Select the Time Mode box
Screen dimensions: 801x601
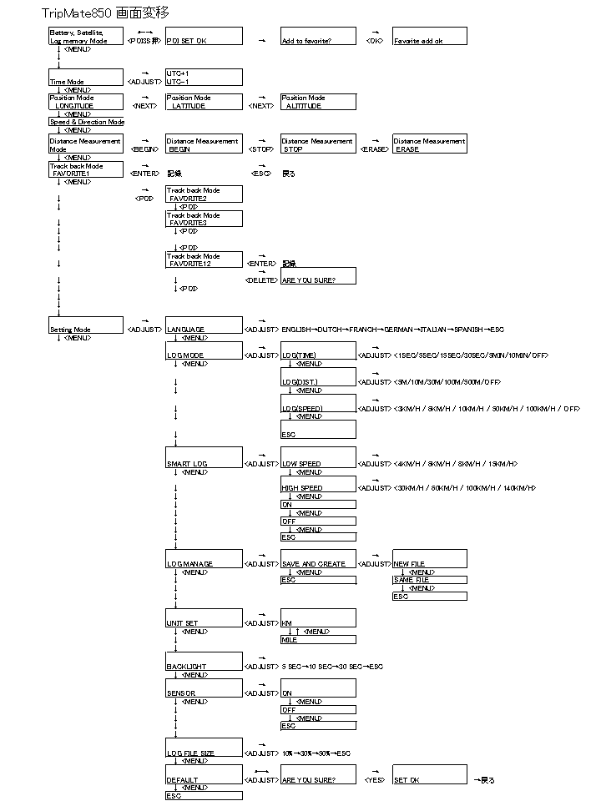pos(85,78)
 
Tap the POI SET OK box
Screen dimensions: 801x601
pos(204,36)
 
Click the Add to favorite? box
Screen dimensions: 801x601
pos(318,36)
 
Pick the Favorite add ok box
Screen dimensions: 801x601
pos(429,36)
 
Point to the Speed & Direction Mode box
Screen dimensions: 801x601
pos(87,122)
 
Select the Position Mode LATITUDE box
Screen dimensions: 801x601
pos(204,102)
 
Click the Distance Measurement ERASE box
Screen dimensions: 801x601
pos(429,145)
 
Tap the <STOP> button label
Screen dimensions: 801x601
pos(261,149)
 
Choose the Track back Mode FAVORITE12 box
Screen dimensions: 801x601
pos(204,259)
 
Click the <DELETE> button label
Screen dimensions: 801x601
pos(261,280)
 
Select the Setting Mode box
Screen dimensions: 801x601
pos(85,325)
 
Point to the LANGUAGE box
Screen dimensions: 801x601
pos(204,325)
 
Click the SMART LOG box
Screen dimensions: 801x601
pos(204,458)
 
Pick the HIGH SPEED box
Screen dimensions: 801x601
pos(318,484)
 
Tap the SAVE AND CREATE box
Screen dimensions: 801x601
pos(318,559)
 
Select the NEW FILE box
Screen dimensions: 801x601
pos(429,559)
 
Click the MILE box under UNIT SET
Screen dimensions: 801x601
pos(318,640)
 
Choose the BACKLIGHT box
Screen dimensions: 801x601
pos(204,662)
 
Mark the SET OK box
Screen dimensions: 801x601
pos(429,774)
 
